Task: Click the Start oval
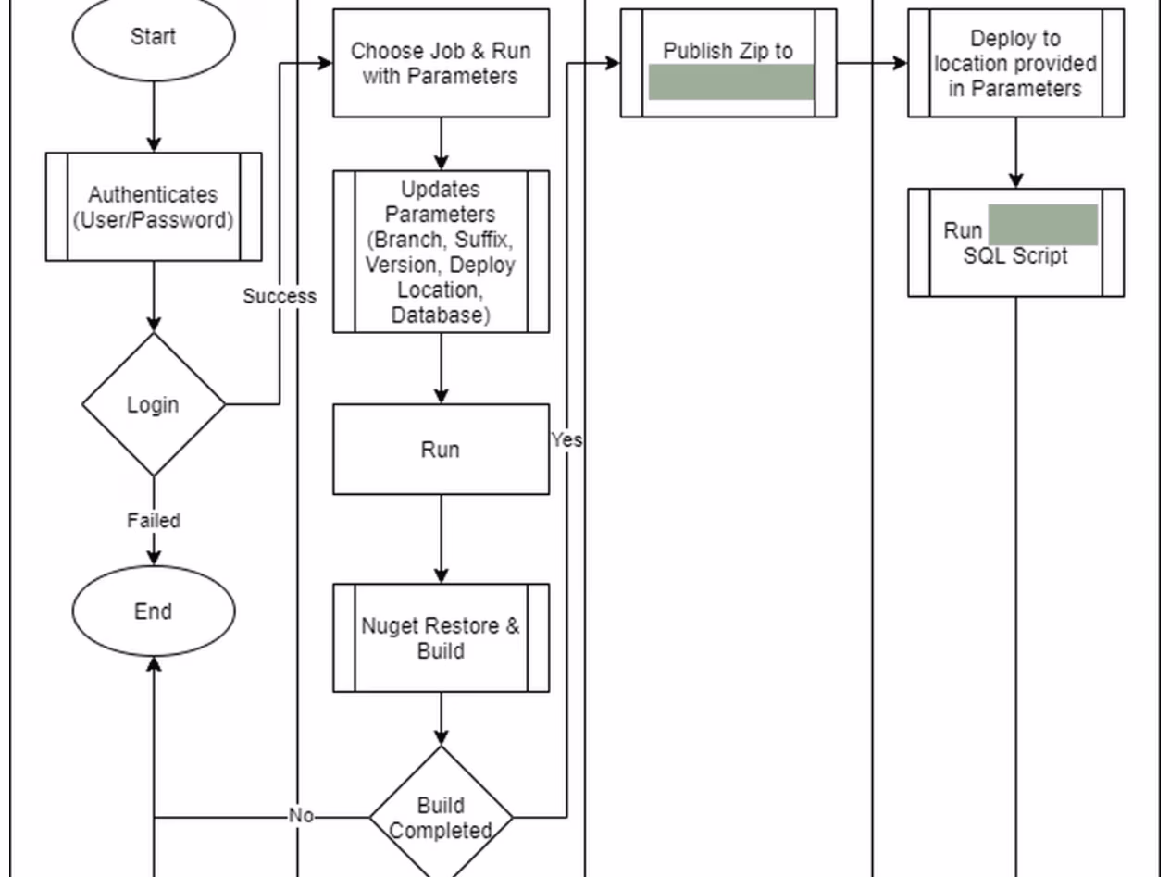point(154,37)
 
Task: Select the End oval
point(154,611)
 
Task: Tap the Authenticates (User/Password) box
point(154,207)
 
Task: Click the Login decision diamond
point(154,404)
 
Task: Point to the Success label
point(280,296)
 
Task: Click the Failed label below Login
point(154,521)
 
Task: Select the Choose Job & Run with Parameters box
point(441,63)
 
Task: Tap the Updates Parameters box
point(441,251)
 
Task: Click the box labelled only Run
point(441,450)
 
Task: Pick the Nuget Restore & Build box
point(441,638)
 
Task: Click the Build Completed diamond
point(441,817)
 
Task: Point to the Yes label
point(566,440)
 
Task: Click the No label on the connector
point(301,816)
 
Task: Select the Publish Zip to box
point(728,52)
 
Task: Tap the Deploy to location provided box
point(1015,63)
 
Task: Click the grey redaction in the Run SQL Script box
point(1043,225)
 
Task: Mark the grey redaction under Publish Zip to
point(731,81)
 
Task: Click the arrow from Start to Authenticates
point(154,116)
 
